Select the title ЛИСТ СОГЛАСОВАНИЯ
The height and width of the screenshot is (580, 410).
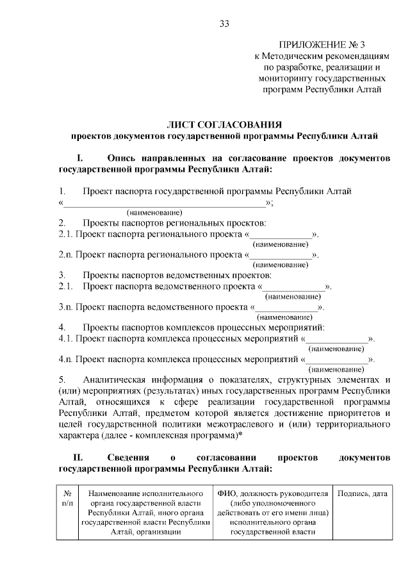(x=224, y=124)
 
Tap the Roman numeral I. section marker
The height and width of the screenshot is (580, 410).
(x=81, y=158)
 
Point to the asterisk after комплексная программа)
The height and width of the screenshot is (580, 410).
(x=240, y=435)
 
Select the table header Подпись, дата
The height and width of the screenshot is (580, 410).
(x=362, y=493)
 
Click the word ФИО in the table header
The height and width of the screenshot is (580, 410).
(x=228, y=493)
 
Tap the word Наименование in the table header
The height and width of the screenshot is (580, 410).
(x=115, y=493)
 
